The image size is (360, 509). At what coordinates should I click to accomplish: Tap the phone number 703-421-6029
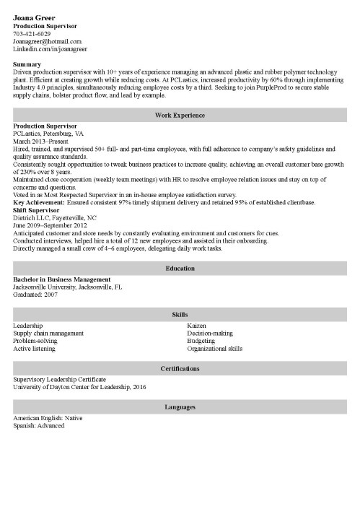point(32,34)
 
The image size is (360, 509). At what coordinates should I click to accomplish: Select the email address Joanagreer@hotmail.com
point(47,42)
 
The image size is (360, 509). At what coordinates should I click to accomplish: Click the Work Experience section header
point(180,115)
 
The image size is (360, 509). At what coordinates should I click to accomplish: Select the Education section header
point(180,269)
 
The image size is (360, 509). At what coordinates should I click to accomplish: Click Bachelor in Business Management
point(62,279)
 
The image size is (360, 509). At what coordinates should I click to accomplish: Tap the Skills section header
point(180,316)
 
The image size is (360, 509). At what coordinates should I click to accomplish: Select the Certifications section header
point(180,369)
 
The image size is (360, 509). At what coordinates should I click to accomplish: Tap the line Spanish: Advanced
point(38,426)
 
